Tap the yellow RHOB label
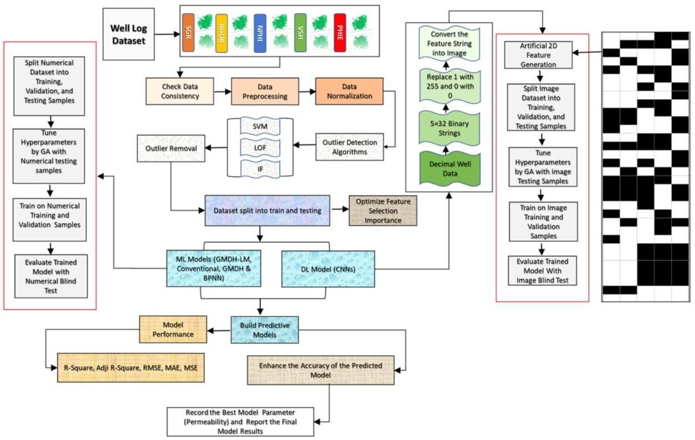coord(221,33)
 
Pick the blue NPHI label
coord(260,33)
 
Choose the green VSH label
coord(300,33)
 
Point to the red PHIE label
coord(340,33)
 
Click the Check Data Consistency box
coord(180,92)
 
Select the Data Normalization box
coord(349,92)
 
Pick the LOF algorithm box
coord(260,148)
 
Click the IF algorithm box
coord(260,167)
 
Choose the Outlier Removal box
coord(170,148)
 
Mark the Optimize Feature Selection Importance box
coord(383,211)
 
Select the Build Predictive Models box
coord(264,330)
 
